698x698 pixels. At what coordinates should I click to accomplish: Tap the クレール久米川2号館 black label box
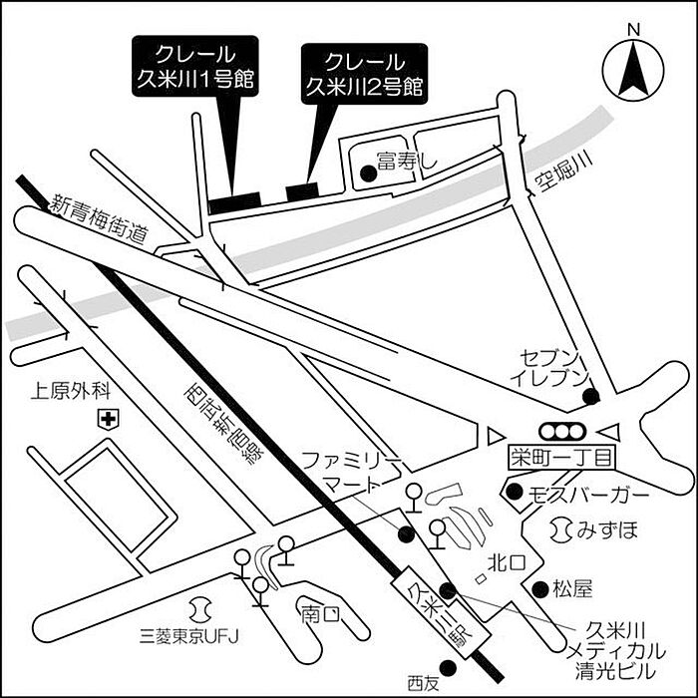tap(364, 73)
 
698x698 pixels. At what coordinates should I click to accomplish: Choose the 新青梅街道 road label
tap(100, 219)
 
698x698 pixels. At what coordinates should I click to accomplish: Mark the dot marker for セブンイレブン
tap(590, 397)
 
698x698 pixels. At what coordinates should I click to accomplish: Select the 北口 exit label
tap(500, 563)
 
